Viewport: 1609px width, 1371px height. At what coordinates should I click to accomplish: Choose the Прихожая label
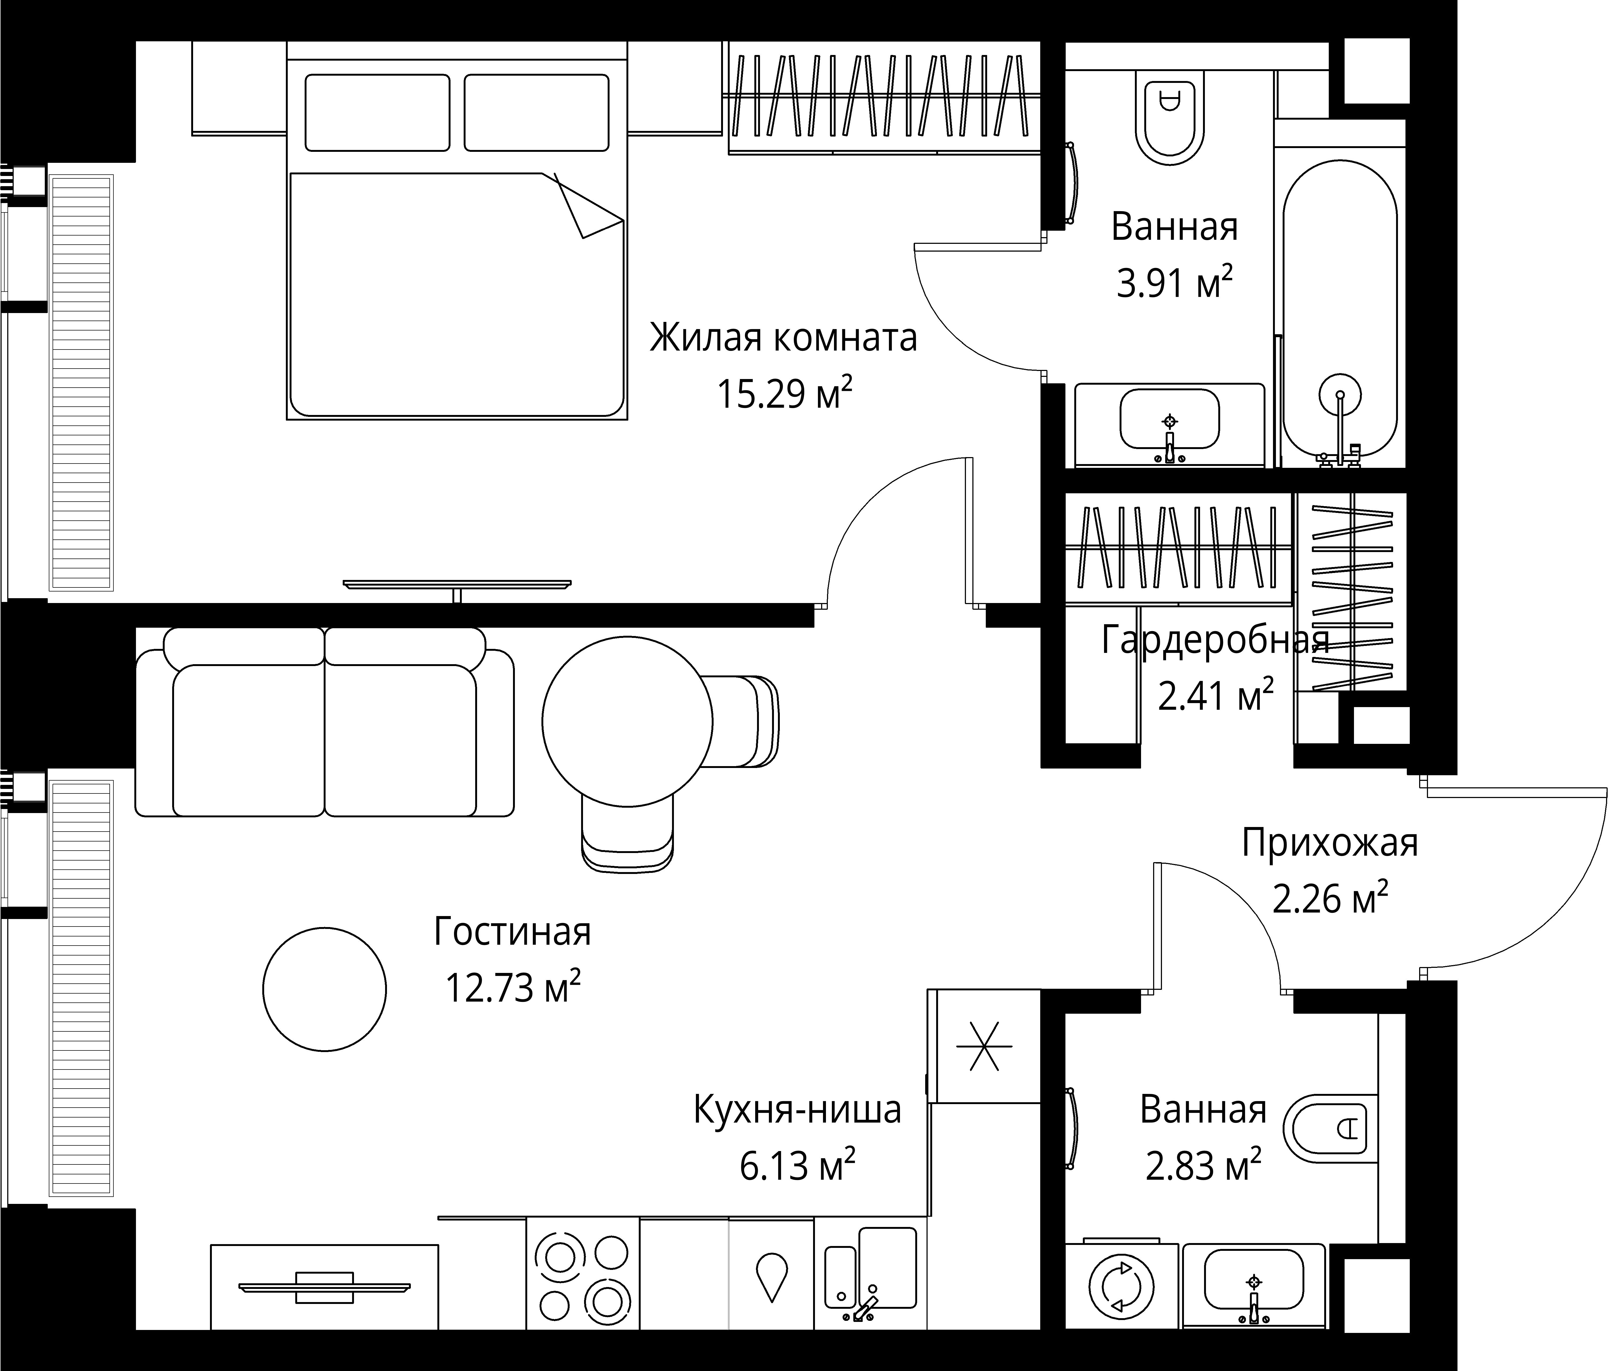1330,843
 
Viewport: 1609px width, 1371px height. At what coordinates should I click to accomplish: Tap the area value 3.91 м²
1174,283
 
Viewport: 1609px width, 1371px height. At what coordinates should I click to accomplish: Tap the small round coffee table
324,989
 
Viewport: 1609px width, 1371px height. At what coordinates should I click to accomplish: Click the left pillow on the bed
377,113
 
